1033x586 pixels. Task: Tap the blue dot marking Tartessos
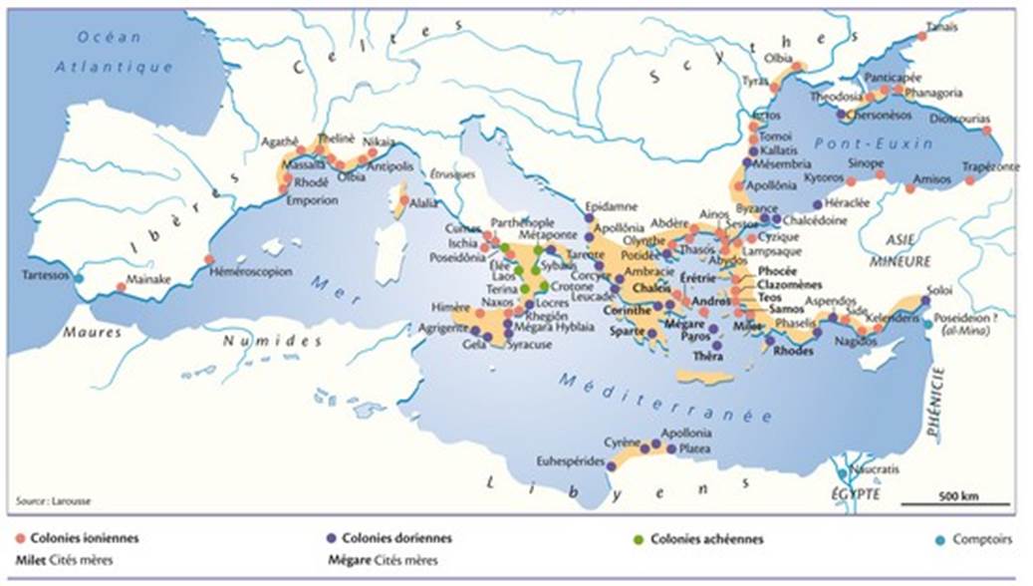79,278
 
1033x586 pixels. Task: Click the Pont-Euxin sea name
871,144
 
